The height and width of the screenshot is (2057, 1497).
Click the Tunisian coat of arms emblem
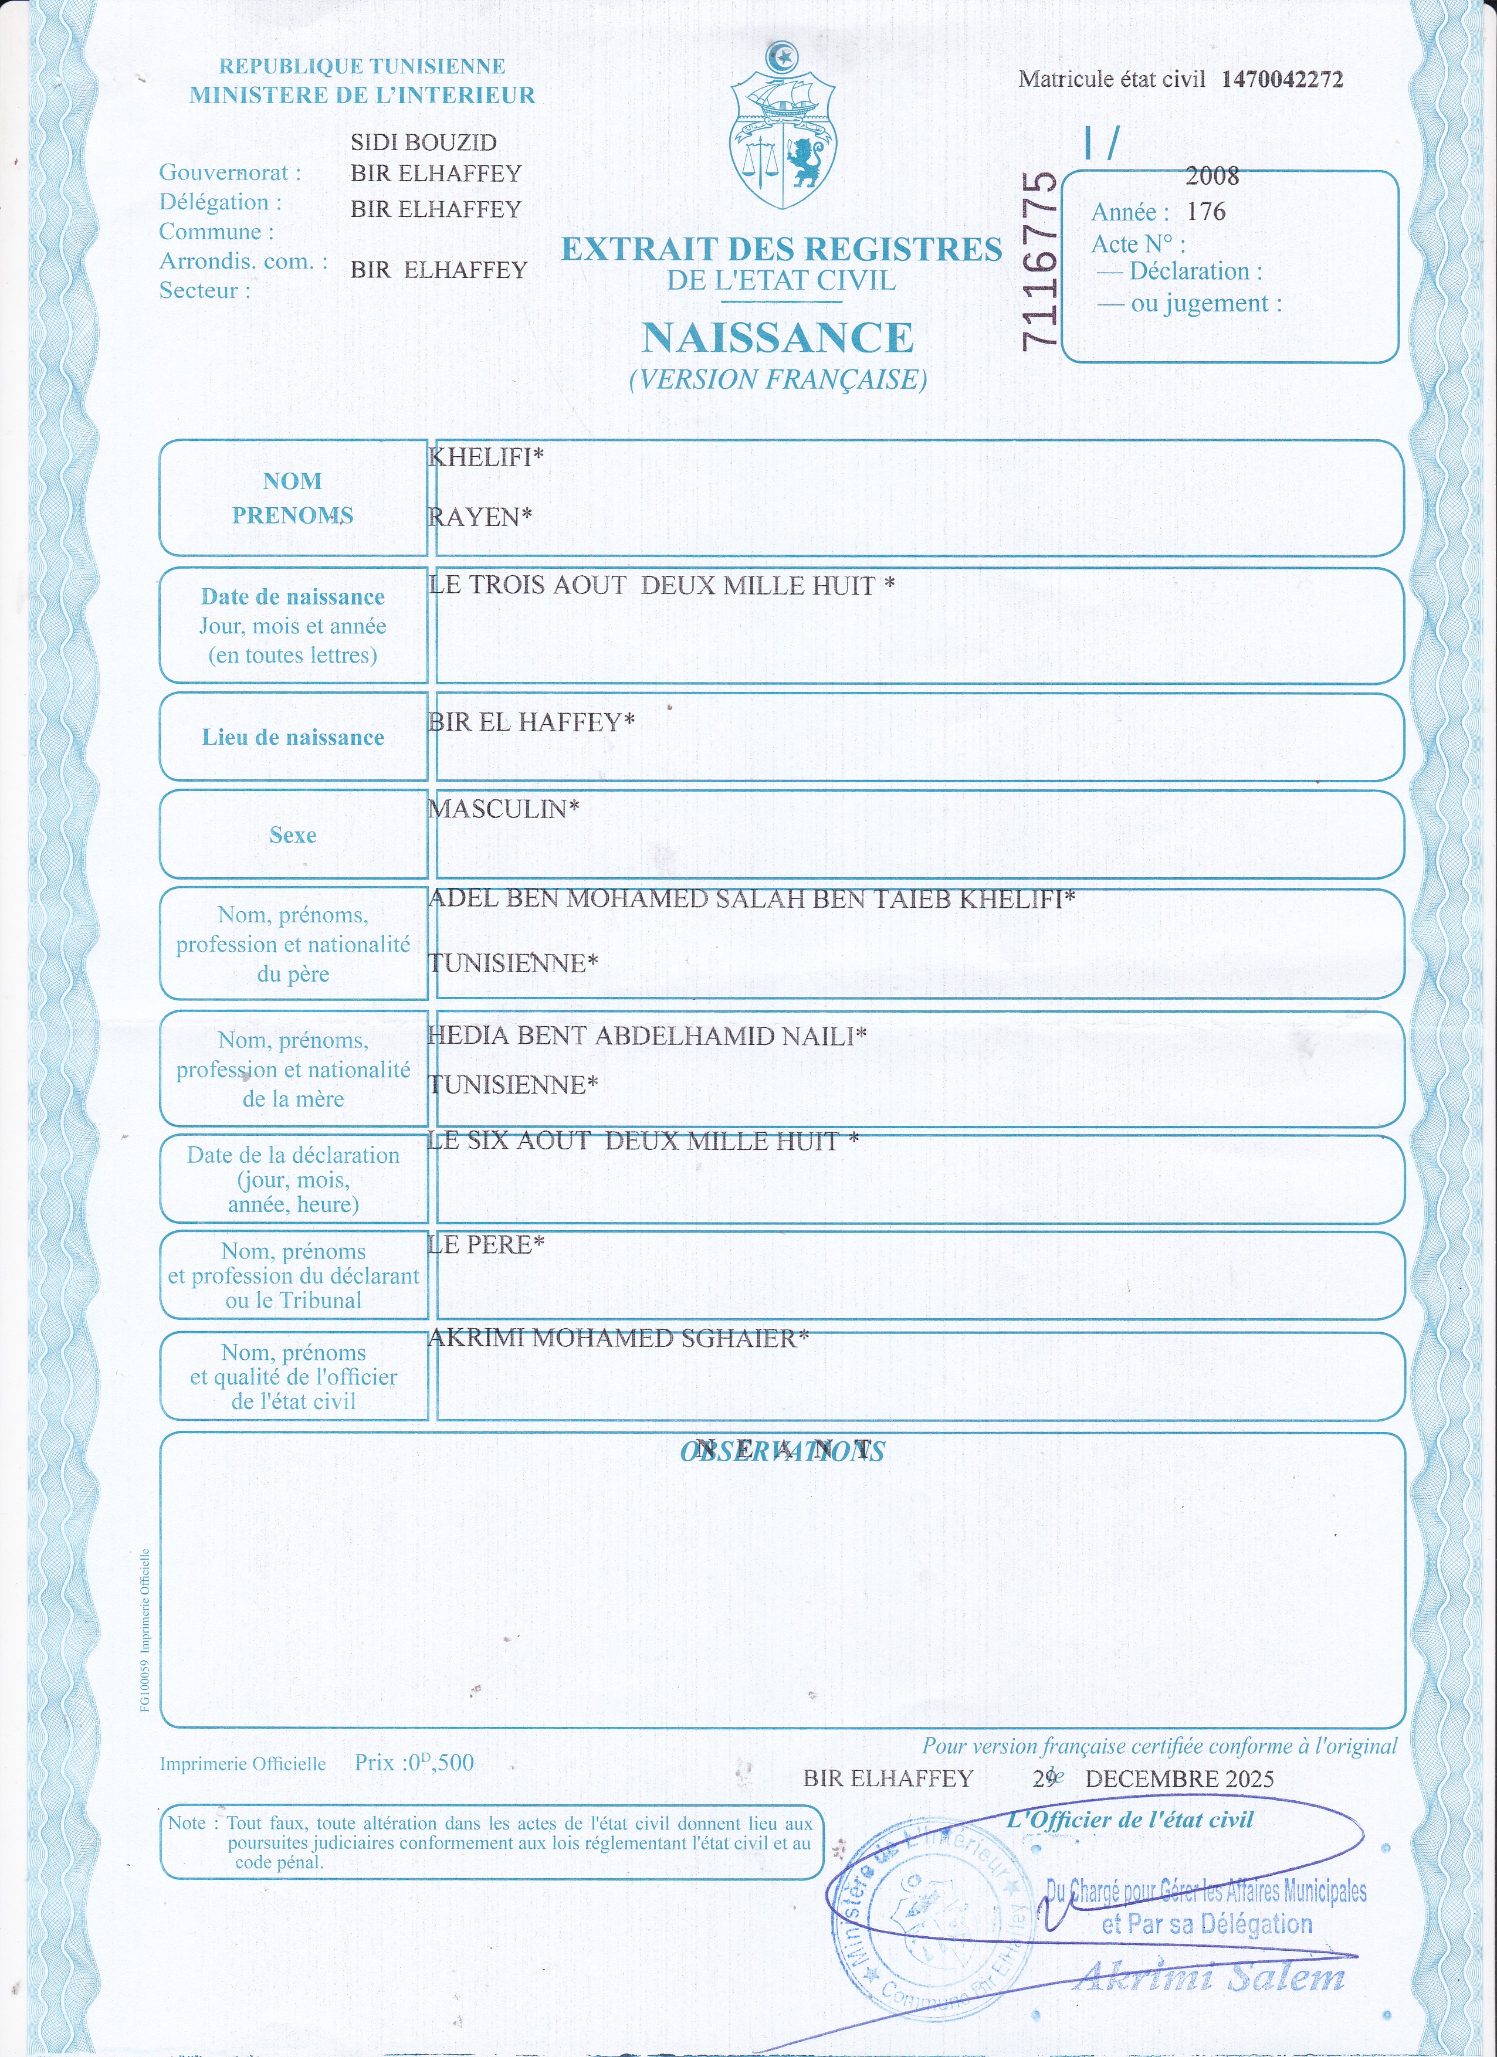point(783,127)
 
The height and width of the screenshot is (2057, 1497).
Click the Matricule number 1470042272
point(1281,79)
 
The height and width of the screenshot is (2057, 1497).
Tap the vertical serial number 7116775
point(1039,260)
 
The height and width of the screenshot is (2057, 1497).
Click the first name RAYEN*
point(480,517)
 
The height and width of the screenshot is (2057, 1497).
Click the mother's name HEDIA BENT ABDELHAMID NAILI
point(646,1036)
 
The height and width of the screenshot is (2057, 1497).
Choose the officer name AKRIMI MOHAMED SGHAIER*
point(618,1339)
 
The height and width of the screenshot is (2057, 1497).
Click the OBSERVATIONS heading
point(782,1452)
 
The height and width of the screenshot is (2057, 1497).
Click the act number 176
point(1206,212)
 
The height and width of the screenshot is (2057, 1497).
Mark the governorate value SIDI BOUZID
point(424,142)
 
